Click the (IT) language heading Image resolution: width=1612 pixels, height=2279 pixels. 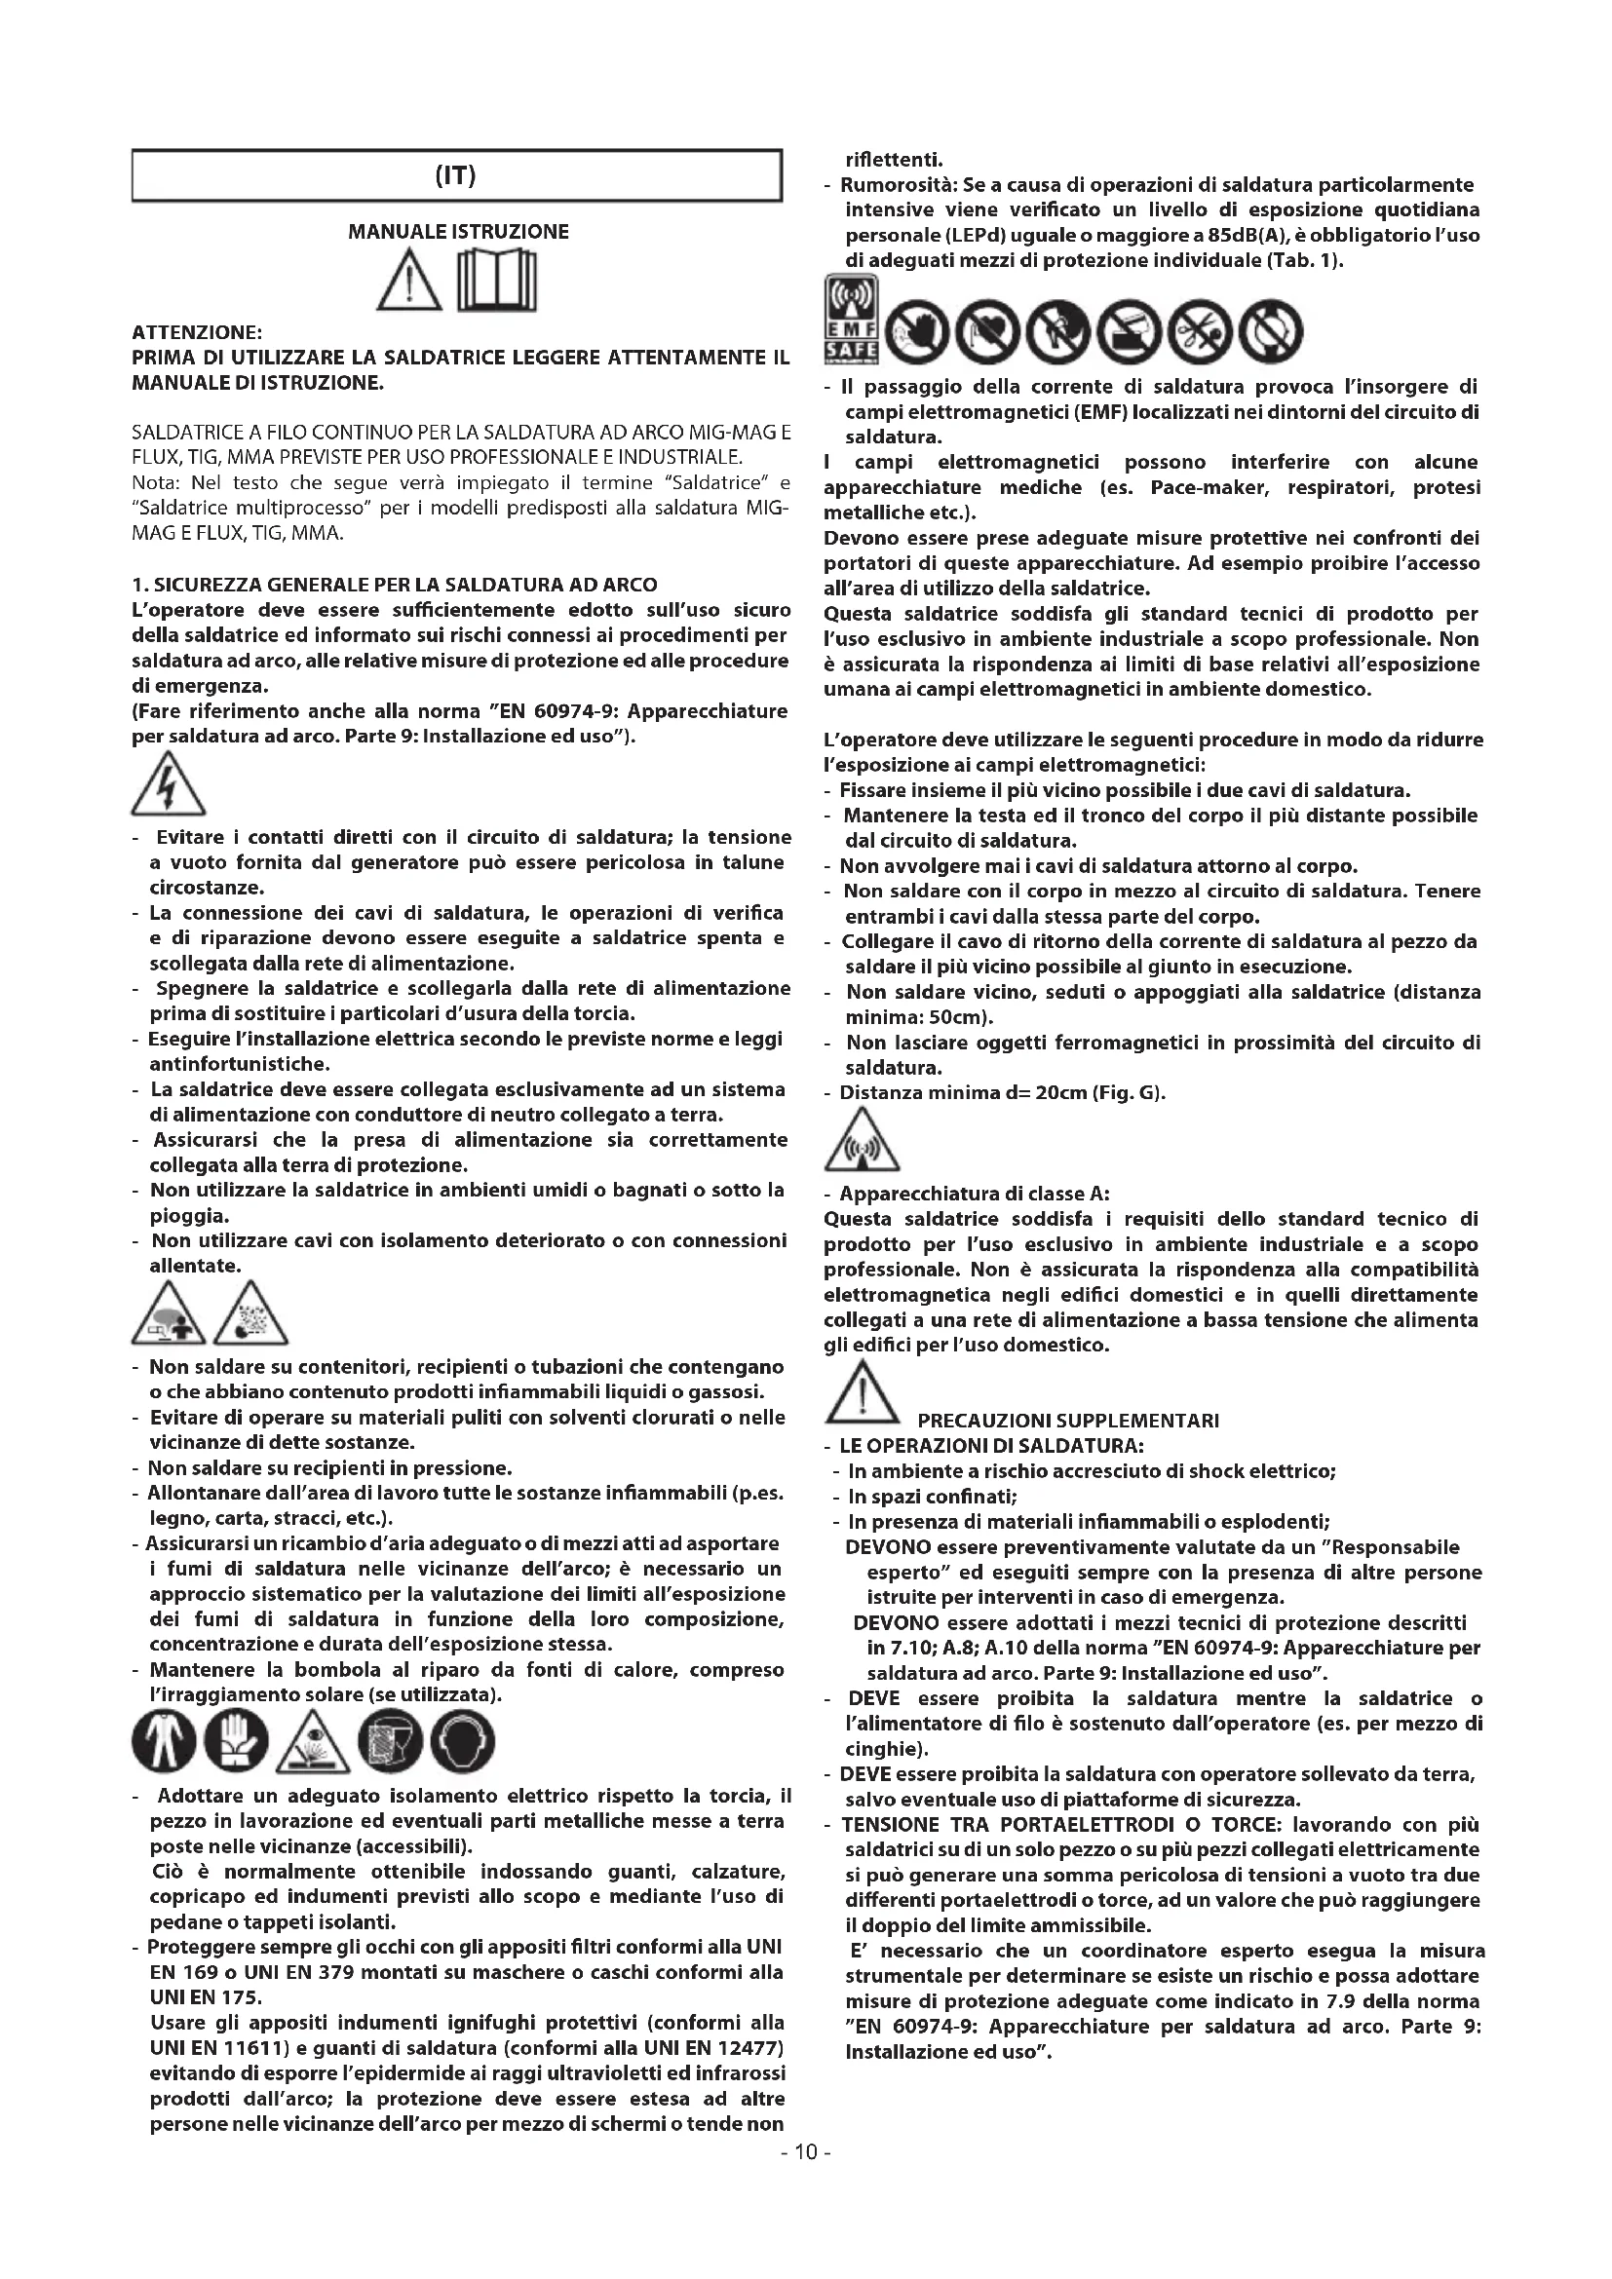point(456,176)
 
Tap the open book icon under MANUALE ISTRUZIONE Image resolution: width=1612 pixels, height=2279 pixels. point(496,283)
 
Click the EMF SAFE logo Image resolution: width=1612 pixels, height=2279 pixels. point(852,321)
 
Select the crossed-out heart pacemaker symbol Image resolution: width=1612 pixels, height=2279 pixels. point(987,330)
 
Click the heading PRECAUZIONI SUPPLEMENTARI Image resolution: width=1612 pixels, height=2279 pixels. point(1068,1421)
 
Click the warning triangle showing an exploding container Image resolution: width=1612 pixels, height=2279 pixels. point(251,1313)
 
